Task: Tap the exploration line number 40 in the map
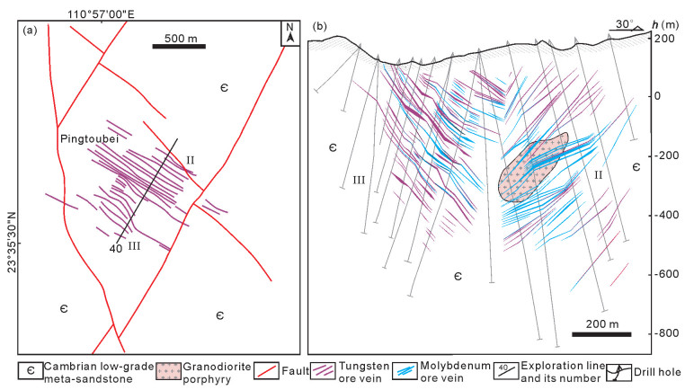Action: coord(115,248)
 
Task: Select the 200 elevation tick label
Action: coord(665,38)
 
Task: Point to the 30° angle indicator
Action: coord(627,25)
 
